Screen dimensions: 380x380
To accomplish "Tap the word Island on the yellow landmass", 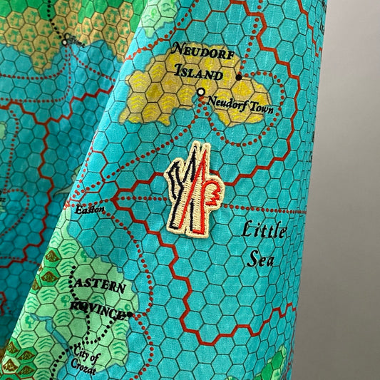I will pos(196,73).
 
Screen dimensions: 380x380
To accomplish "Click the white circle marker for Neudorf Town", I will pos(201,92).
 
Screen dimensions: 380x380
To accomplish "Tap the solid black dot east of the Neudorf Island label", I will pos(239,76).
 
